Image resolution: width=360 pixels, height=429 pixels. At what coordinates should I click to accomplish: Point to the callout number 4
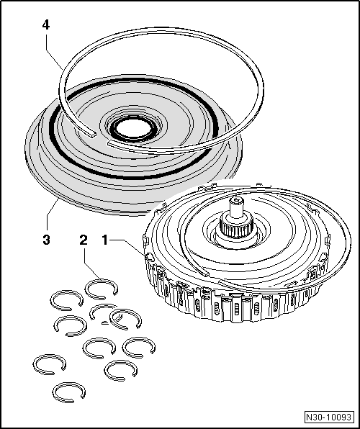pos(45,24)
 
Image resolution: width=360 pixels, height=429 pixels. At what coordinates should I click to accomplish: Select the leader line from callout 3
pos(52,216)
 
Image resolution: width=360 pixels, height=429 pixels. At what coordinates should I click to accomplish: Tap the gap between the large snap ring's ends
pos(99,135)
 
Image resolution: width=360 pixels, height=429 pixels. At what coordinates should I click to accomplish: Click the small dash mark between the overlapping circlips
pos(105,323)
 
